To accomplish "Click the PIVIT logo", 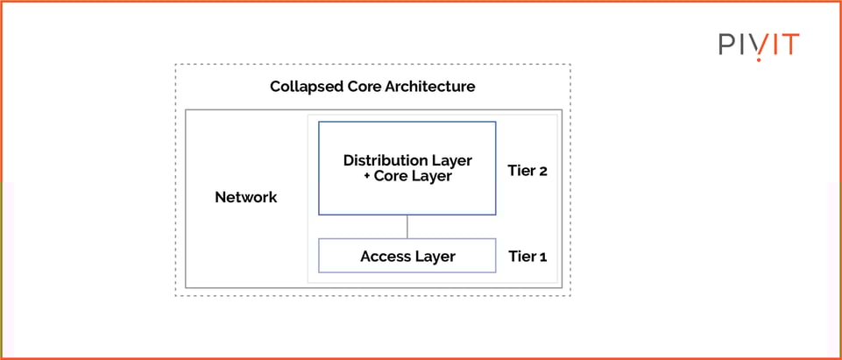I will point(759,45).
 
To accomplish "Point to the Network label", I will point(246,197).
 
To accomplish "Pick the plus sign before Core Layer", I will point(366,176).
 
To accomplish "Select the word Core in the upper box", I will point(392,176).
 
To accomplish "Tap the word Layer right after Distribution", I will point(451,160).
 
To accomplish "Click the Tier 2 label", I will point(527,171).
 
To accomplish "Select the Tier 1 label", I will point(527,257).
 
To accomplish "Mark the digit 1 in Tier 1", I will point(542,257).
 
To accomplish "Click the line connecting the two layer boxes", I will point(407,227).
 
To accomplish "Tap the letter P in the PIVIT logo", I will point(726,45).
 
